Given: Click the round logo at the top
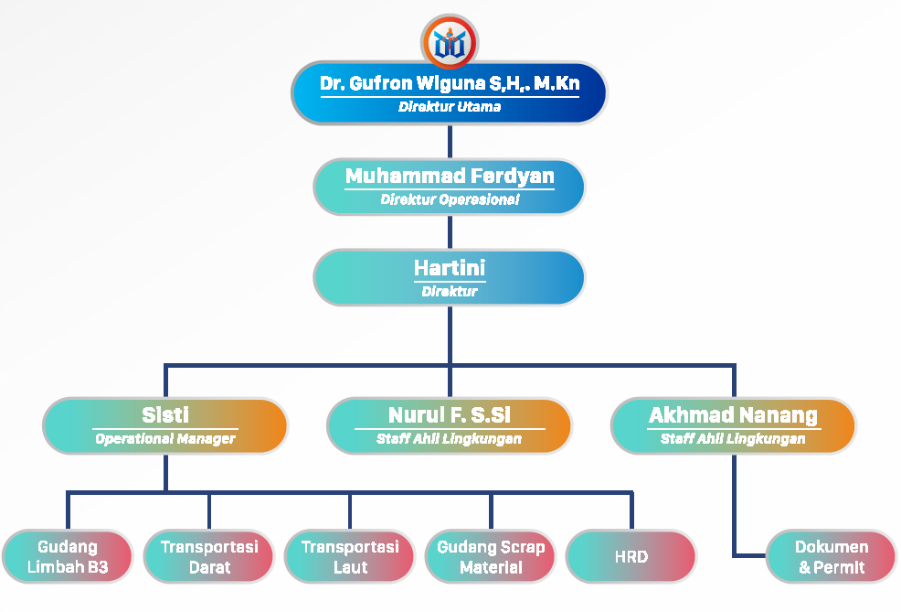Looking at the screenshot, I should [x=450, y=42].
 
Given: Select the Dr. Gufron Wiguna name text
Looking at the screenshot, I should [x=450, y=84].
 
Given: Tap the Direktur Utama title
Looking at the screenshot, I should [x=450, y=107].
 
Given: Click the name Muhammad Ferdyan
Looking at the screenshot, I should [x=450, y=176].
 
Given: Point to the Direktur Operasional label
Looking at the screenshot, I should [x=450, y=199].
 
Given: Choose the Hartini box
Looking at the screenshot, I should [x=450, y=277].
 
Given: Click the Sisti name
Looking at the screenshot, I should [x=165, y=415].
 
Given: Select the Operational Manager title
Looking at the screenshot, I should [x=165, y=439].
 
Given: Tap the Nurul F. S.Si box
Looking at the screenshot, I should [x=450, y=425].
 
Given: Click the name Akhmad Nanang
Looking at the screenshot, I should [x=733, y=415].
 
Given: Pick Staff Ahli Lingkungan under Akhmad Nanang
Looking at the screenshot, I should [x=733, y=439].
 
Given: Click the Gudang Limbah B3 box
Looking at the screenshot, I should [x=68, y=557].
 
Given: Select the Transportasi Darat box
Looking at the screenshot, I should [x=209, y=557].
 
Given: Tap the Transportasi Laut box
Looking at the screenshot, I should [x=350, y=557].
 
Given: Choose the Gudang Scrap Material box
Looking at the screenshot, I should [x=491, y=557].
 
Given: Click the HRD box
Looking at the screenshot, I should [x=631, y=557].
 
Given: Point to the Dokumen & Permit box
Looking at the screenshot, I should [x=832, y=557].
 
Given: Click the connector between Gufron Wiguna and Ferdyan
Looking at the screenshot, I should [x=450, y=141].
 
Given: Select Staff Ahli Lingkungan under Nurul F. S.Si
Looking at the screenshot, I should [x=450, y=439].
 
